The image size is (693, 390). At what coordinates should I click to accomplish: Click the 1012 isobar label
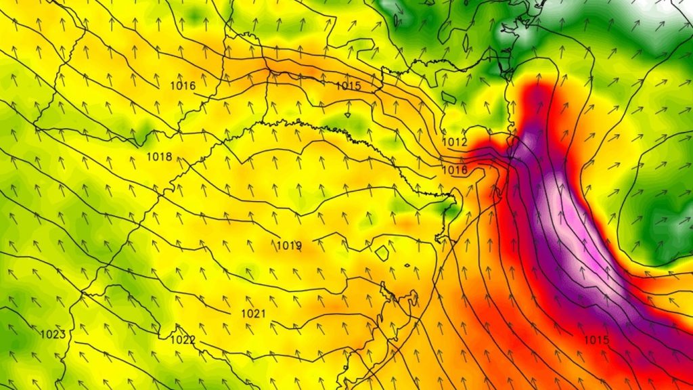point(455,142)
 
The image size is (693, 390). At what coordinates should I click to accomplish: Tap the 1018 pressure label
point(159,157)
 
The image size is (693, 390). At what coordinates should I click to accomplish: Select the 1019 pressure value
point(289,245)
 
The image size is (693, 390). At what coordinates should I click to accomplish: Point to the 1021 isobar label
point(253,313)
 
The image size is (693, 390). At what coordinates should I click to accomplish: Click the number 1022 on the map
point(183,340)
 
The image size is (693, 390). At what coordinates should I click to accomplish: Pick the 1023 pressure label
point(53,334)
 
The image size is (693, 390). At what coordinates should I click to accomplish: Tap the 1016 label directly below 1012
point(455,170)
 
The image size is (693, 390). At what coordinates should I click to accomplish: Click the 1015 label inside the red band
point(596,339)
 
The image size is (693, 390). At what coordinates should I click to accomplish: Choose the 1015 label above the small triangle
point(349,86)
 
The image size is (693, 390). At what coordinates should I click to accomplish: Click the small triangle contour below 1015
point(347,114)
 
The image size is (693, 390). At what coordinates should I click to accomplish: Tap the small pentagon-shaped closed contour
point(382,253)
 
